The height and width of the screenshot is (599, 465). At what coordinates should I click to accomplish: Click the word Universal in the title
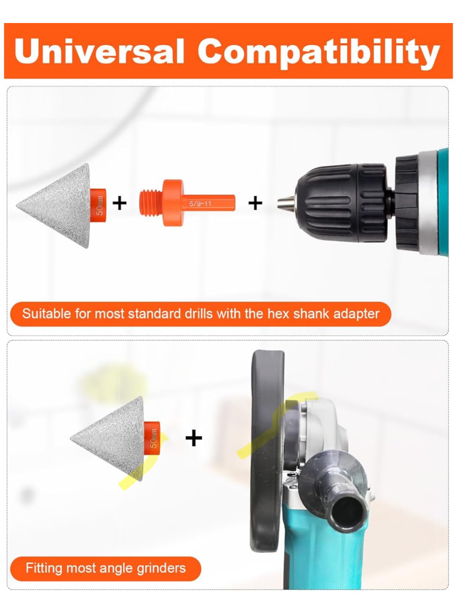99,51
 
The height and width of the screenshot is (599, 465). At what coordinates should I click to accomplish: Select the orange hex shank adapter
187,203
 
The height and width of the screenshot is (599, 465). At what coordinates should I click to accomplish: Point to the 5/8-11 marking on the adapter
200,204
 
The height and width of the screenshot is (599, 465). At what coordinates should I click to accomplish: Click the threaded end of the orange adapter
151,203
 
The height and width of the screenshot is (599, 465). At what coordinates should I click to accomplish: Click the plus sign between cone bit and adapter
119,203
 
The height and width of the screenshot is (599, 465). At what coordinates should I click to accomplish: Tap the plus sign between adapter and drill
255,203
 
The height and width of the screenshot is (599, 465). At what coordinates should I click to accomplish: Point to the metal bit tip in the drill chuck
286,203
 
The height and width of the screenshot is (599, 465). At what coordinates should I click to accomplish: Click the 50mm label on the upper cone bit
100,205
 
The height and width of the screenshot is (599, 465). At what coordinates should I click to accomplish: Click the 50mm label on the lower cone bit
153,438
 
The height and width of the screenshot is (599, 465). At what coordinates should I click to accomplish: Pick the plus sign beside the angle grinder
193,438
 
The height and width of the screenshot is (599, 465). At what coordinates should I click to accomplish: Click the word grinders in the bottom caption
161,568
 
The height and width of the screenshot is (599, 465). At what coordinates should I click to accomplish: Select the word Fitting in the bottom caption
44,568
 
